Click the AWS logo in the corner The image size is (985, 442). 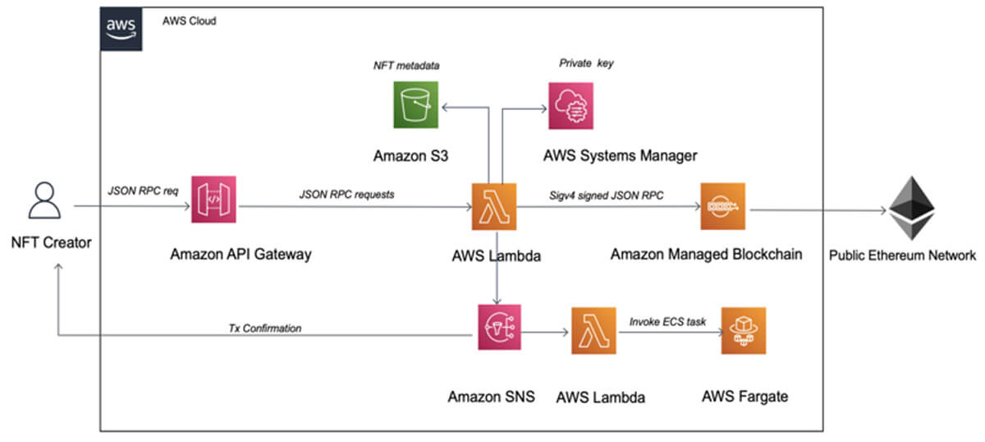pyautogui.click(x=121, y=29)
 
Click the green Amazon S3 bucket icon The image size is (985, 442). pyautogui.click(x=415, y=107)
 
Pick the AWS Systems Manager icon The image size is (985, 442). pyautogui.click(x=573, y=107)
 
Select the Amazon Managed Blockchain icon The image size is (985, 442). pyautogui.click(x=722, y=207)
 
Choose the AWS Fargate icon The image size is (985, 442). pyautogui.click(x=744, y=330)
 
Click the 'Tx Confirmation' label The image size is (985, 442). pyautogui.click(x=264, y=328)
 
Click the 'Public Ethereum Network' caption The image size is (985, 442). pyautogui.click(x=903, y=256)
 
